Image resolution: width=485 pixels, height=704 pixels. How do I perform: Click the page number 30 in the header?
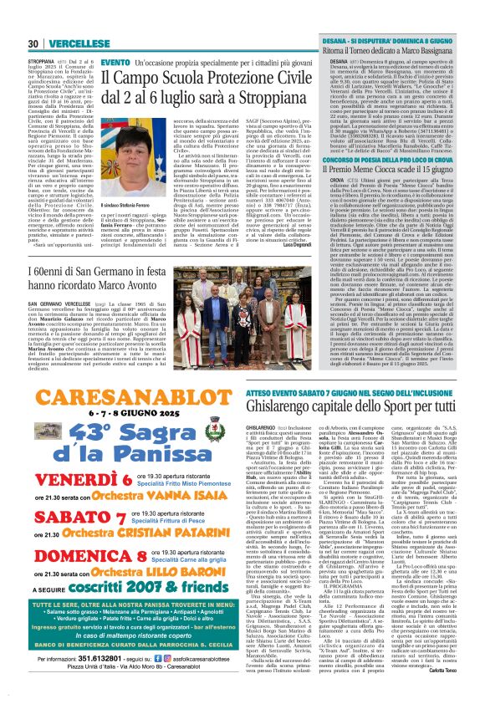coord(33,43)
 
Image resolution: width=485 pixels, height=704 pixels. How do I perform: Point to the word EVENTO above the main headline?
coord(115,63)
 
